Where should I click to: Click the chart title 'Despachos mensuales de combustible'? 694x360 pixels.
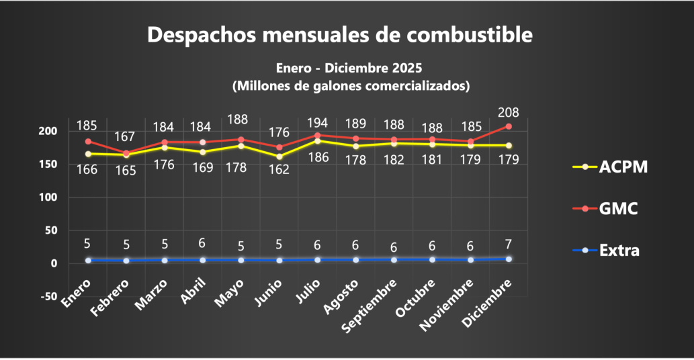339,35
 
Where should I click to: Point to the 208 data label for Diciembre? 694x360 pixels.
508,112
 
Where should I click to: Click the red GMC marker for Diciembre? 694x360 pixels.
509,126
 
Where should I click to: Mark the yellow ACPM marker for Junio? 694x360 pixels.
279,156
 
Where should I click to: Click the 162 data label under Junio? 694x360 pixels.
279,169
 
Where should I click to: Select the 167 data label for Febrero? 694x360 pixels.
126,137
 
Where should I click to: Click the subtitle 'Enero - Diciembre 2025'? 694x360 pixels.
349,69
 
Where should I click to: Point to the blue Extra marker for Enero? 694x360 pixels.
88,260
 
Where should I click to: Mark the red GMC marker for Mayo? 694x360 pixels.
241,140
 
